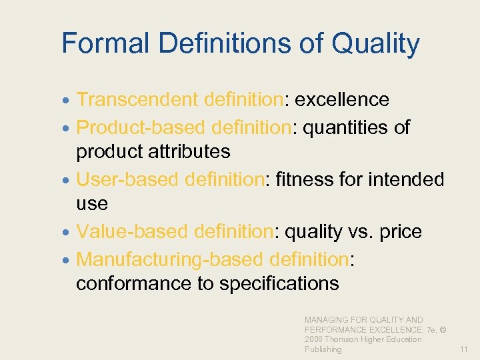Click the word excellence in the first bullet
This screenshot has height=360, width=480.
click(x=342, y=99)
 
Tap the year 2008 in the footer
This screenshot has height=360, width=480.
click(x=313, y=339)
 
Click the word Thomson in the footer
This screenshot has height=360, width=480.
click(x=341, y=339)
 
